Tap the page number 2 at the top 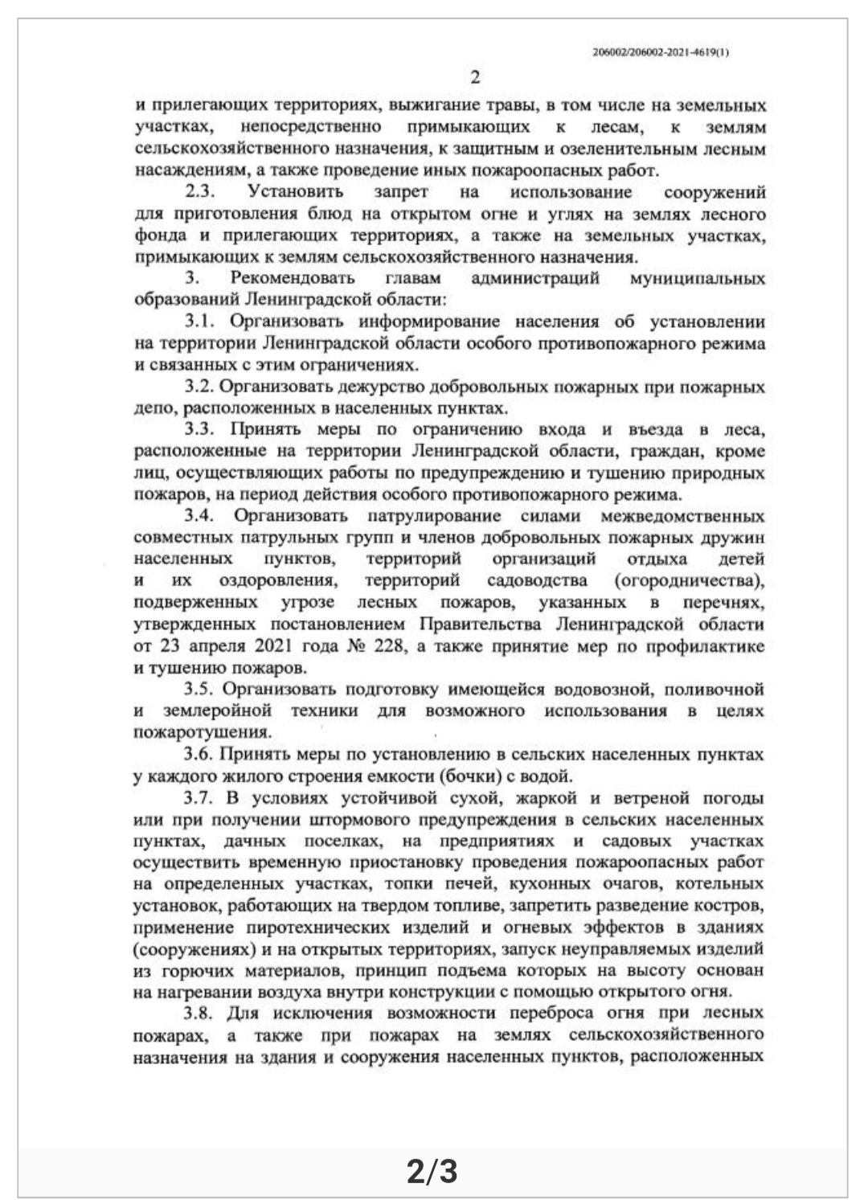pyautogui.click(x=474, y=78)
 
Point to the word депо pyautogui.click(x=151, y=408)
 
